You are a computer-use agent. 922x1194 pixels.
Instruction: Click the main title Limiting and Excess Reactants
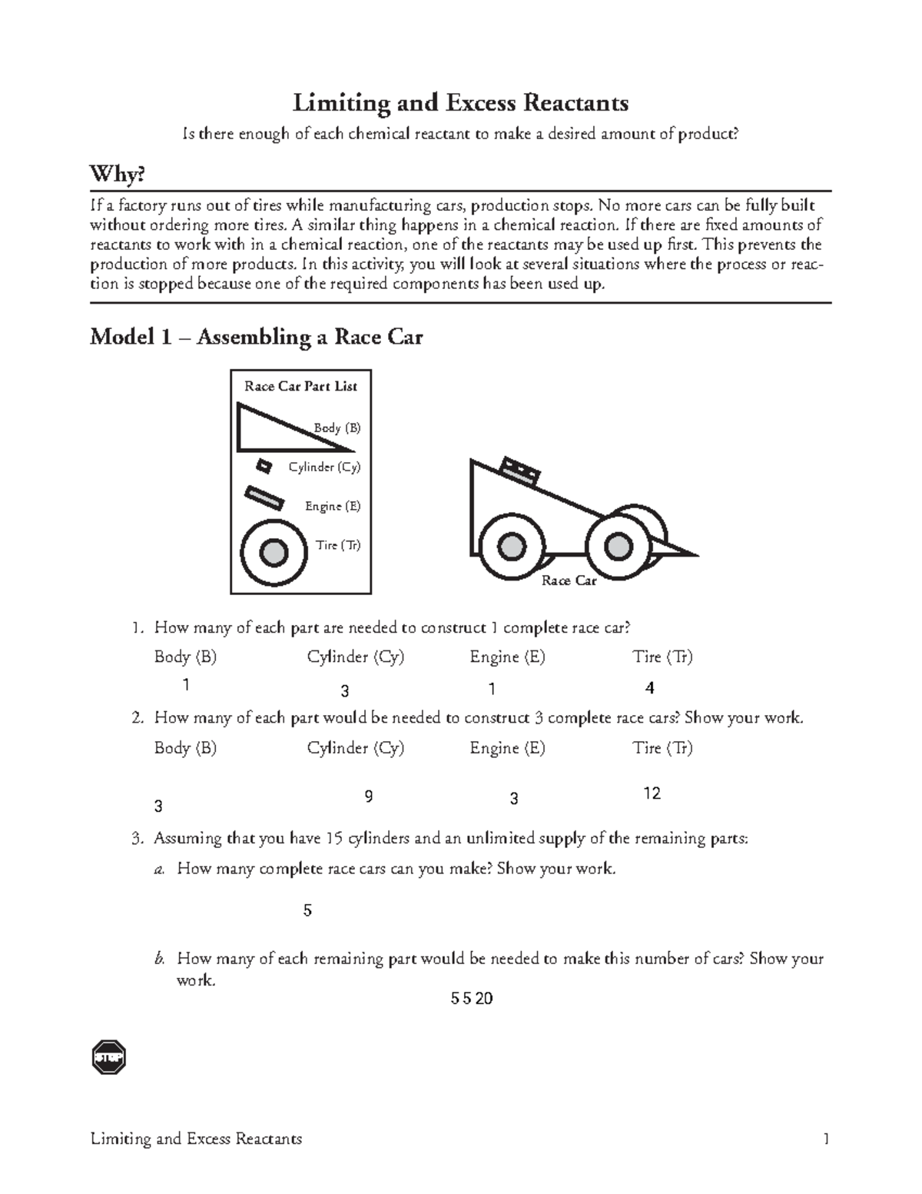coord(460,102)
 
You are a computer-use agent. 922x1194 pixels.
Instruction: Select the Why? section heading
coord(117,175)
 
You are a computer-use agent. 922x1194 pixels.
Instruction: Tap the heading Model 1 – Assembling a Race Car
coord(256,337)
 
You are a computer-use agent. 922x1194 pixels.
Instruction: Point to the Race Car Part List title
coord(300,386)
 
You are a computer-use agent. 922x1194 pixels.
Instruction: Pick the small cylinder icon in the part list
coord(264,466)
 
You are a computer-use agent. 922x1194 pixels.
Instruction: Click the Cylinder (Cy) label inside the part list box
coord(324,467)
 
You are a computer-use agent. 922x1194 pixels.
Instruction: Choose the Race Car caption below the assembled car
coord(569,580)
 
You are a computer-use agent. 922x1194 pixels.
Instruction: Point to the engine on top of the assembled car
coord(520,470)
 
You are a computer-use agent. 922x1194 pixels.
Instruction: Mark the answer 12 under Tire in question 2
coord(652,793)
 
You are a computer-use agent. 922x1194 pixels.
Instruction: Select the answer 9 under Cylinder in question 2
coord(369,797)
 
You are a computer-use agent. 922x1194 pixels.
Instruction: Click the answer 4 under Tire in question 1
coord(650,688)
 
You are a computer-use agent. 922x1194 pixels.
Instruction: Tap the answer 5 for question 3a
coord(307,911)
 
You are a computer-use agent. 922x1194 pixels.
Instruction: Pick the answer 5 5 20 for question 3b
coord(472,999)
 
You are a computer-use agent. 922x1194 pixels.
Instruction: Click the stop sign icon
coord(108,1058)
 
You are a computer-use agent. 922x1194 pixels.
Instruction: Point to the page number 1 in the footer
coord(826,1139)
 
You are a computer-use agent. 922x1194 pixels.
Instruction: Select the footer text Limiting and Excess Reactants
coord(196,1139)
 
